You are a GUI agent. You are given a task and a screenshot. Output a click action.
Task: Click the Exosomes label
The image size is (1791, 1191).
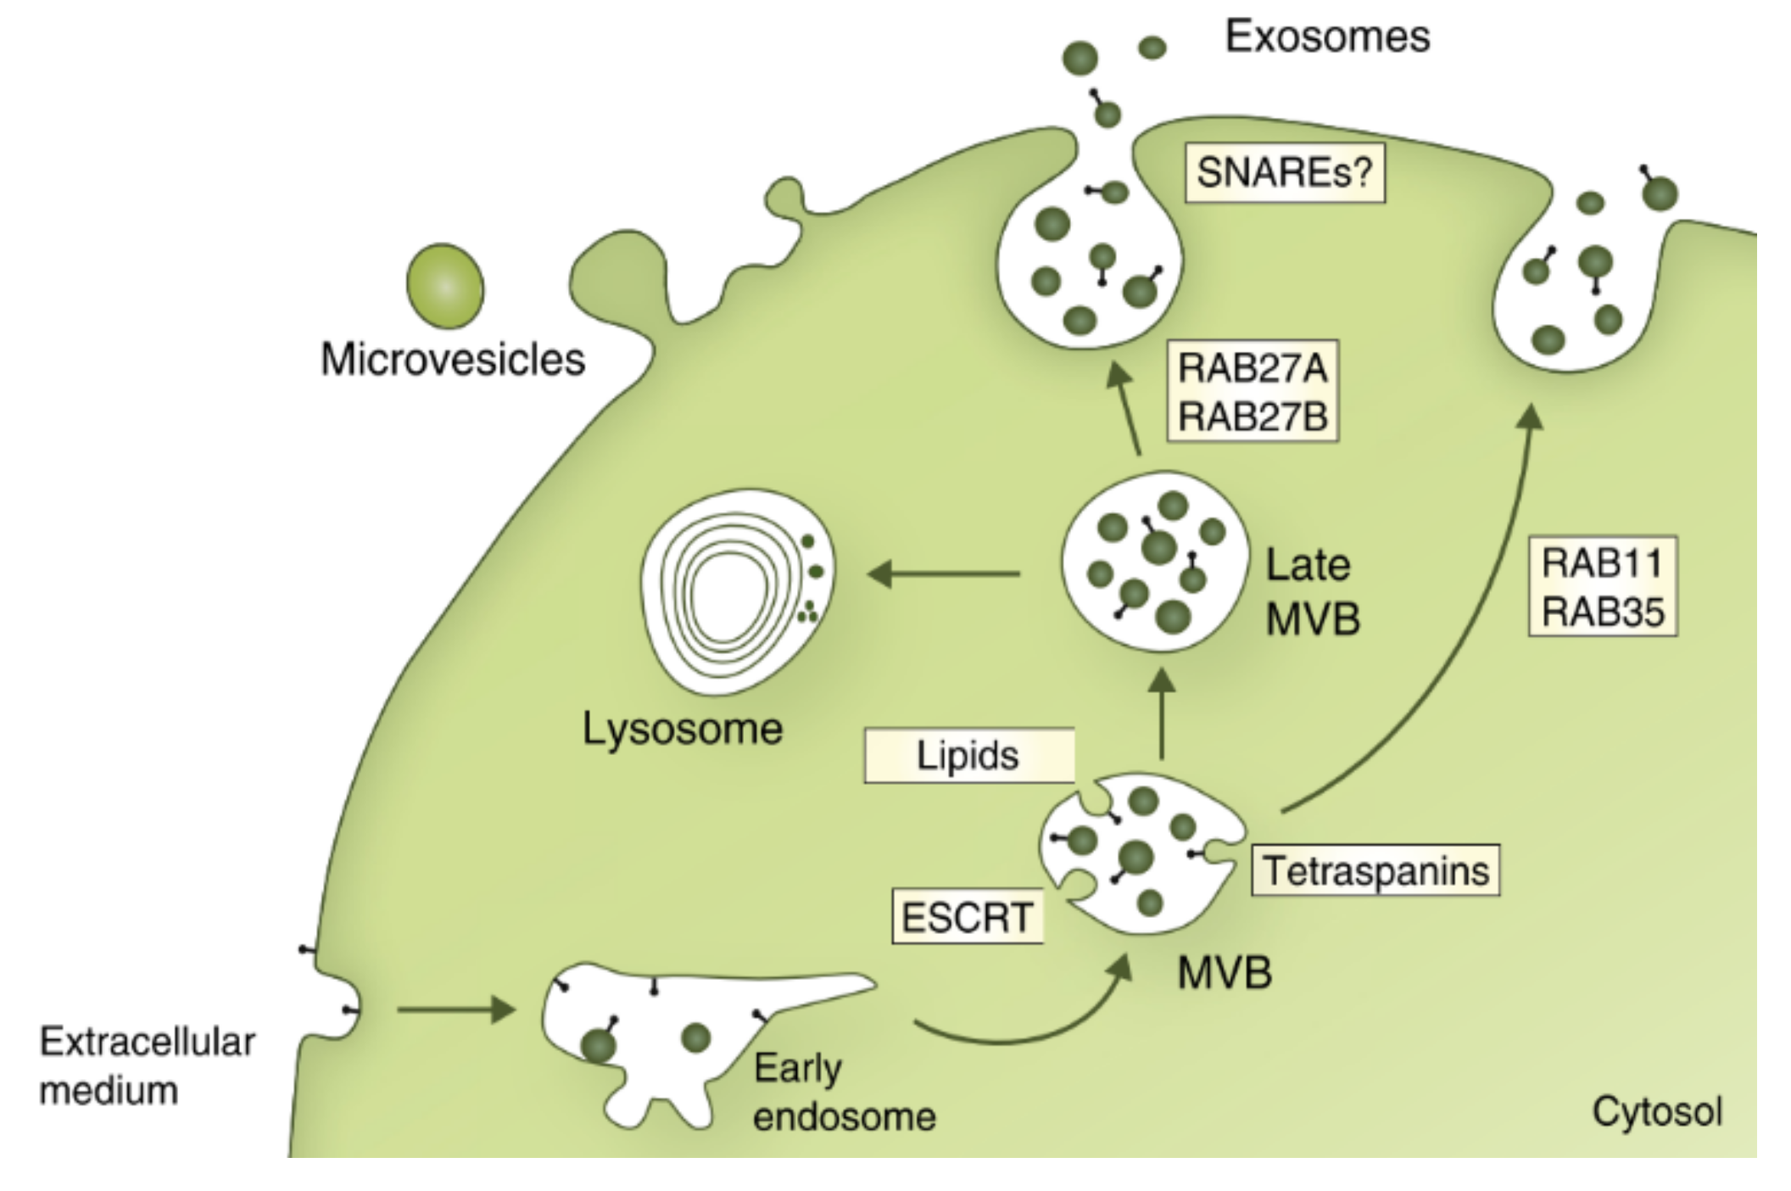tap(1327, 36)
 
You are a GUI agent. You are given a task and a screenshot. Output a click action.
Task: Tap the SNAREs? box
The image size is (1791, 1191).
tap(1284, 172)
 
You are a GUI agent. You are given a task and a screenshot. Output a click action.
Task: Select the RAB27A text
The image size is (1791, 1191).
tap(1253, 368)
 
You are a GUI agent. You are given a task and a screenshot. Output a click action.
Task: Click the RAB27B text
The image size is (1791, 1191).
tap(1253, 417)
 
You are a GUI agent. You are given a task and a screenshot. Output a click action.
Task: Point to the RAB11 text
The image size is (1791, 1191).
tap(1602, 562)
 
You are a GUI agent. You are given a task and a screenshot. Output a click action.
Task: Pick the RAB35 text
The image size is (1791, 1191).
tap(1603, 612)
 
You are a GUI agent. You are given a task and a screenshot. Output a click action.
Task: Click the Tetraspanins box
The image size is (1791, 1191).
tap(1375, 870)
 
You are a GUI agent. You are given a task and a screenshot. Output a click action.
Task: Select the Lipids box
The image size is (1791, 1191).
tap(968, 755)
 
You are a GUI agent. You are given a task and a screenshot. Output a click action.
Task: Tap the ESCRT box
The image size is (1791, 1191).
tap(967, 917)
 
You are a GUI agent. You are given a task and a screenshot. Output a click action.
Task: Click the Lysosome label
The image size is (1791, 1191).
tap(682, 729)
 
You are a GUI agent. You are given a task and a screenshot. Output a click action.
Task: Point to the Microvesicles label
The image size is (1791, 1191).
tap(453, 359)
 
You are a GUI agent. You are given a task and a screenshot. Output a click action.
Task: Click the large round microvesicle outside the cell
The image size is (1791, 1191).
tap(445, 287)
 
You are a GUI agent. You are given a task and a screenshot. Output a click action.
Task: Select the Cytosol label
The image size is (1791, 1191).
tap(1657, 1110)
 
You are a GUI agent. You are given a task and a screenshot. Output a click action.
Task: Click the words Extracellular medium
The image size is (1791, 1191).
tap(147, 1065)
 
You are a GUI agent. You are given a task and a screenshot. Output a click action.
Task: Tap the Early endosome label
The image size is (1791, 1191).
tap(844, 1092)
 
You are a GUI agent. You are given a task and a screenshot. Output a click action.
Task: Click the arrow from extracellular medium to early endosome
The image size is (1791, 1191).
tap(456, 1009)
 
